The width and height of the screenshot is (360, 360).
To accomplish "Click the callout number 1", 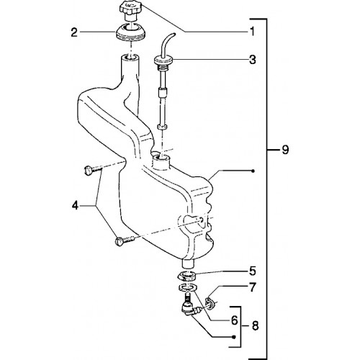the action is (252, 32).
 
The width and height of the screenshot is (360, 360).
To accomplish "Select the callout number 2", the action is (74, 32).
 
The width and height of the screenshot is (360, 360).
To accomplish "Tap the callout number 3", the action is (252, 60).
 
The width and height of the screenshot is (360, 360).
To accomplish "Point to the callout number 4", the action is (76, 206).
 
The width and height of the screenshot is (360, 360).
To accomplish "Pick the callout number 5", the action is (252, 271).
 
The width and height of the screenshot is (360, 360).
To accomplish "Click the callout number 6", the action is (234, 320).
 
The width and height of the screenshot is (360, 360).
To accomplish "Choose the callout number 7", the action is (252, 287).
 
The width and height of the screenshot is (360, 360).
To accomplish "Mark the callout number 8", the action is (255, 326).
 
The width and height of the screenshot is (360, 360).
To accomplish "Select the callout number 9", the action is (285, 150).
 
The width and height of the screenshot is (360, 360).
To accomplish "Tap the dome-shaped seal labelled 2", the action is (130, 32).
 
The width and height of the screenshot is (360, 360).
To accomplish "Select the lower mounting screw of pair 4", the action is (125, 240).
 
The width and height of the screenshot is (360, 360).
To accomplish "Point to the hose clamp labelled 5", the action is (188, 276).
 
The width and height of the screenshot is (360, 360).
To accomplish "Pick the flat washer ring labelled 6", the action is (188, 287).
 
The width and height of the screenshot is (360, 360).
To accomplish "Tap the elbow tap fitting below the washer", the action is (189, 307).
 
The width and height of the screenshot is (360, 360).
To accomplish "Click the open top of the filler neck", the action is (130, 57).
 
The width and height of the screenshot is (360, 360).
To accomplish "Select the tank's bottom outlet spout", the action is (188, 263).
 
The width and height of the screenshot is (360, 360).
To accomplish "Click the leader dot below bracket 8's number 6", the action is (235, 337).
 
